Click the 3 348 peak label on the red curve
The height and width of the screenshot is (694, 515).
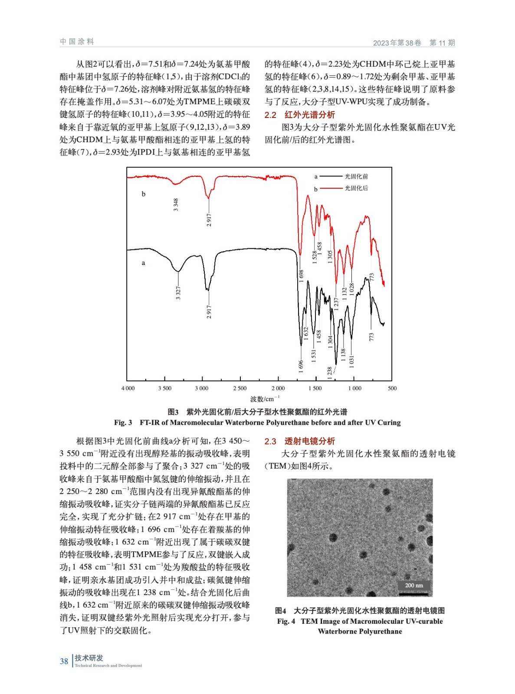(176, 205)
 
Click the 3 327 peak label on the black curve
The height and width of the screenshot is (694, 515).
(178, 293)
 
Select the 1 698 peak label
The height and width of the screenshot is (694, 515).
(302, 276)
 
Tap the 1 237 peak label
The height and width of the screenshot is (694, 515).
(336, 304)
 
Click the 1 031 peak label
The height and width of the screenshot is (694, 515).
(352, 362)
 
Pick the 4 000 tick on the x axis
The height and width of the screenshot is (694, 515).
(128, 388)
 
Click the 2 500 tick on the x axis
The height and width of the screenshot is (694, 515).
(240, 388)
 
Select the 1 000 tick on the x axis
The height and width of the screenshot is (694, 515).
(355, 388)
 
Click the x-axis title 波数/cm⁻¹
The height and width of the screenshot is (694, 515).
(265, 399)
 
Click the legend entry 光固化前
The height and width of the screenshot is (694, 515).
(356, 177)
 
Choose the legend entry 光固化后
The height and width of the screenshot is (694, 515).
(356, 188)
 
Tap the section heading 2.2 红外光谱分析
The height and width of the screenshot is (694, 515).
(300, 115)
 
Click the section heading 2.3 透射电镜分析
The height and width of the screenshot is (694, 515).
(300, 441)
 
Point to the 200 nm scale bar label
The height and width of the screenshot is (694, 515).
(414, 585)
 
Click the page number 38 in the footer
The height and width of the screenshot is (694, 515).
(64, 661)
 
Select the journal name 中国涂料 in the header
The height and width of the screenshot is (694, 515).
(77, 42)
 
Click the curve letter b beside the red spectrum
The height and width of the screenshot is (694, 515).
(144, 194)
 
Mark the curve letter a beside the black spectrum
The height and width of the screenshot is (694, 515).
(144, 263)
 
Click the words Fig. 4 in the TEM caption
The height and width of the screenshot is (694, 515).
(286, 621)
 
